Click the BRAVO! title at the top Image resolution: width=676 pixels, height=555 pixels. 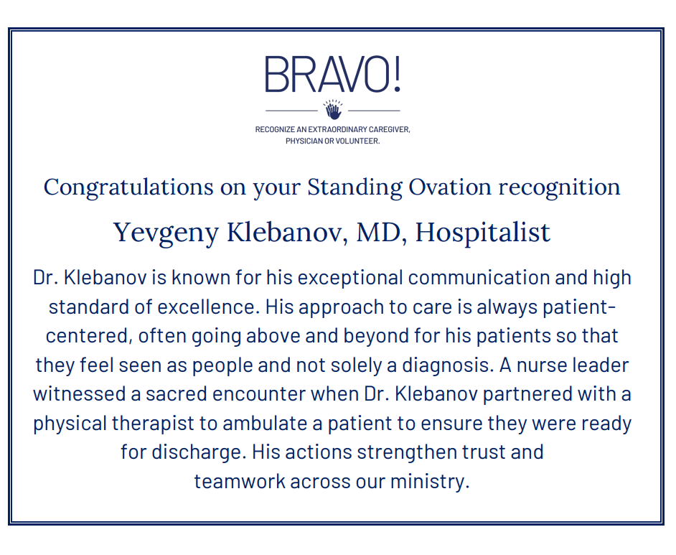(332, 74)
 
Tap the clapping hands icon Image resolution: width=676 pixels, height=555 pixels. (333, 110)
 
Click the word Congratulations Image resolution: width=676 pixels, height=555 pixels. (128, 188)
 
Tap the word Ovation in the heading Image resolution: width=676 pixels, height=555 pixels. (450, 187)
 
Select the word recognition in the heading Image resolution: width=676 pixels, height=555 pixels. (560, 188)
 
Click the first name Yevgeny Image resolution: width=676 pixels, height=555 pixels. (166, 233)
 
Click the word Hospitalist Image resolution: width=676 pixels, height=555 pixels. (483, 233)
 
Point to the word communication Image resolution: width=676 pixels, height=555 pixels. (479, 278)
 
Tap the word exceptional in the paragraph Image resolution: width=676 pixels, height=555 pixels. (350, 279)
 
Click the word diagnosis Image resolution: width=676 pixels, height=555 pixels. (448, 365)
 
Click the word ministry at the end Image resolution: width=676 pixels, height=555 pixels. (430, 482)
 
